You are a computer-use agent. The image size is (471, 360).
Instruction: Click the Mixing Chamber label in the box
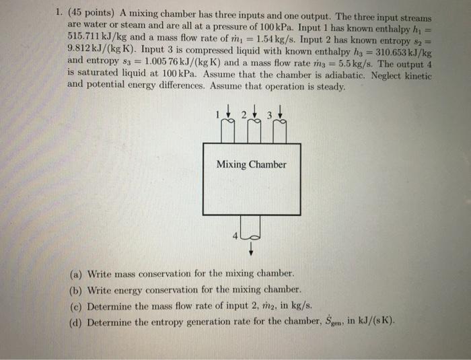[x=251, y=164]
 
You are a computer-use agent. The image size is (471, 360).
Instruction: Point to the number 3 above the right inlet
[x=268, y=114]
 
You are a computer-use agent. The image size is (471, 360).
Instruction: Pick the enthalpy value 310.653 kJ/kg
[x=400, y=50]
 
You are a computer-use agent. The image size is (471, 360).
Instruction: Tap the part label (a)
[x=77, y=275]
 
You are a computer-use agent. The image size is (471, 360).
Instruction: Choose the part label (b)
[x=77, y=290]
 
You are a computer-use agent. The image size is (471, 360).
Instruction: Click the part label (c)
[x=77, y=305]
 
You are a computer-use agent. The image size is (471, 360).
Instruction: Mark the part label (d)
[x=77, y=321]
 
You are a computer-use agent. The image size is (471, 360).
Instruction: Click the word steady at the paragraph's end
[x=332, y=86]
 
